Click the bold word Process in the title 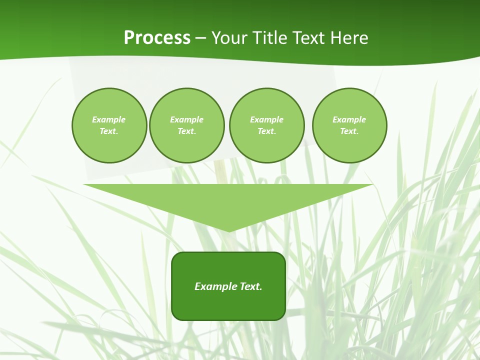click(157, 38)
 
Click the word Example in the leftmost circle click(109, 119)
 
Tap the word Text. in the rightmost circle click(349, 131)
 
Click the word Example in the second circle click(187, 119)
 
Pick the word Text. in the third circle click(266, 131)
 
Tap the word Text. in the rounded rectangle click(251, 286)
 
